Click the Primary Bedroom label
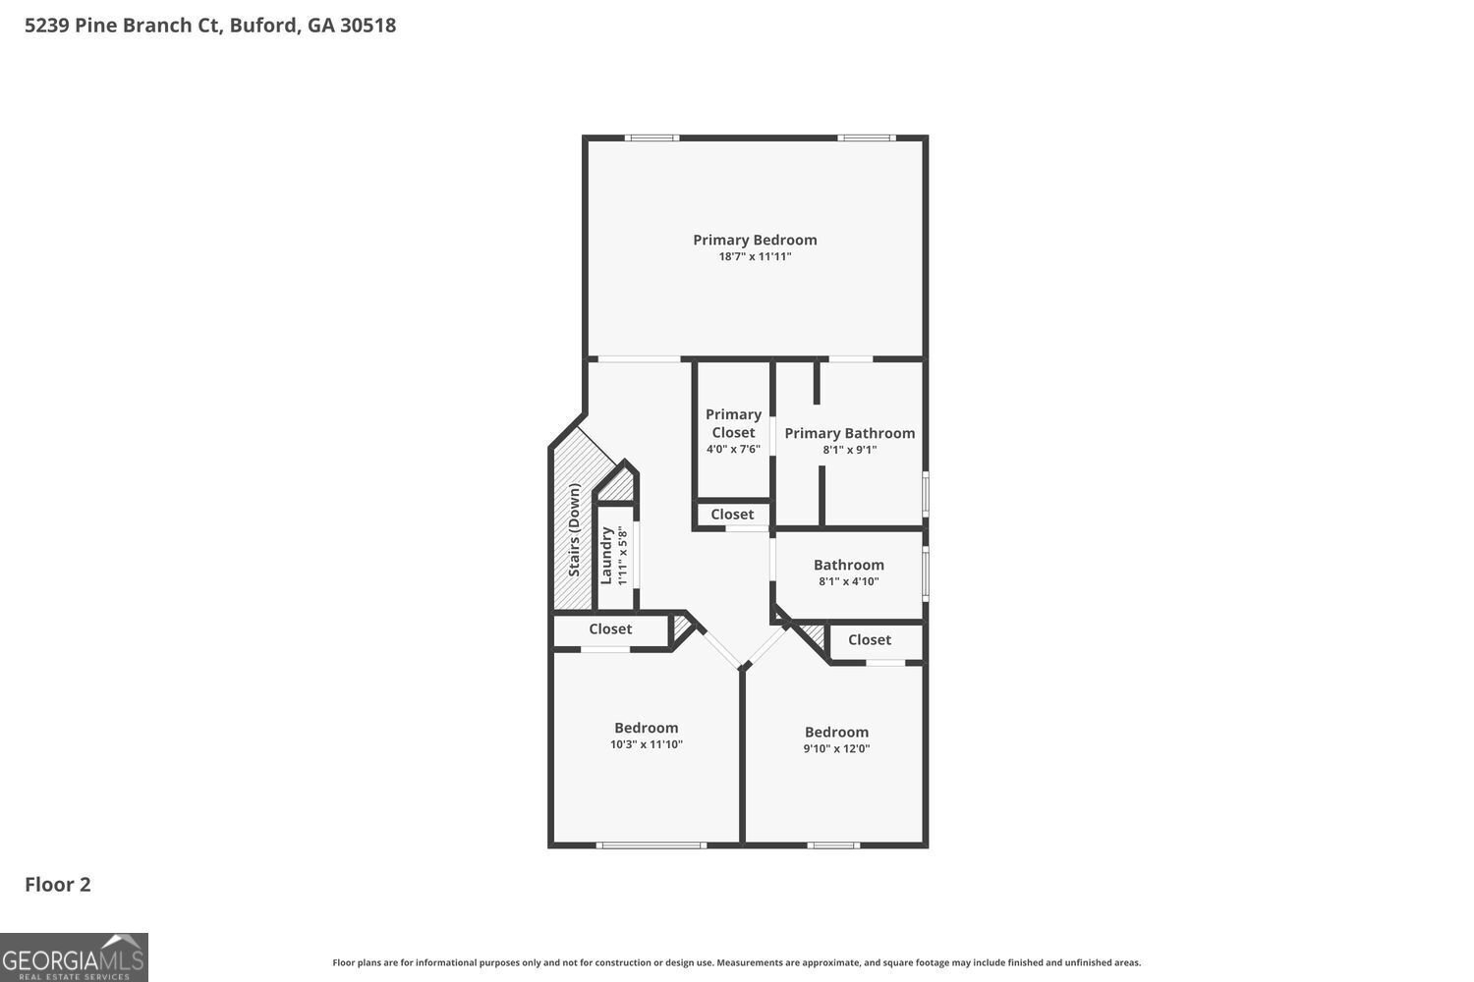[755, 240]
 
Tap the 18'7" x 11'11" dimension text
[755, 257]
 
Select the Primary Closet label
[733, 423]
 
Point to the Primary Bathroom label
[849, 433]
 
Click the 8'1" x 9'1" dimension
[849, 450]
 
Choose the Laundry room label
[606, 556]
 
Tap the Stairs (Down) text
[574, 529]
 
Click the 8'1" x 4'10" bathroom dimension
[848, 581]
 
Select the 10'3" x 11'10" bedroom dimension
[646, 744]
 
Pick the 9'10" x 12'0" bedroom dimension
[836, 748]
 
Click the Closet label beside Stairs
[610, 628]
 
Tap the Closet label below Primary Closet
[732, 514]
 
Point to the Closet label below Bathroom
[869, 639]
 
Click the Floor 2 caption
[58, 884]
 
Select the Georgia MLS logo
[74, 957]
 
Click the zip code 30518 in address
[368, 26]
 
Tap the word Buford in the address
[263, 26]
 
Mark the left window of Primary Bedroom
[652, 137]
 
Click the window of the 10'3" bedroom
[651, 845]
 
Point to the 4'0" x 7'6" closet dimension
[733, 449]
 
